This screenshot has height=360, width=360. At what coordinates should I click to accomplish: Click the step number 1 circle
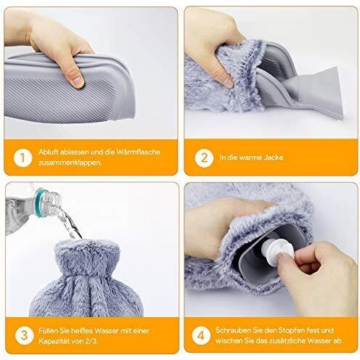[22, 158]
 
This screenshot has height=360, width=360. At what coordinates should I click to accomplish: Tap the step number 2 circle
[204, 158]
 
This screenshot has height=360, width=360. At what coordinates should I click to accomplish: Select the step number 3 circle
[24, 336]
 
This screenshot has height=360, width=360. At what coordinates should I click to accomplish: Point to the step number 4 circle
[201, 336]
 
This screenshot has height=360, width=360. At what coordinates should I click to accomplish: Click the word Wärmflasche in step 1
[138, 152]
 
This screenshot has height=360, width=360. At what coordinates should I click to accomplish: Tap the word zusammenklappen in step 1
[70, 163]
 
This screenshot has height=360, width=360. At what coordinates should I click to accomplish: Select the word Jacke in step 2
[274, 157]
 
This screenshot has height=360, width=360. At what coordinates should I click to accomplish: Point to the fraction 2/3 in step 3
[91, 341]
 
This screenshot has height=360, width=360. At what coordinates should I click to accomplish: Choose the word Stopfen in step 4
[291, 330]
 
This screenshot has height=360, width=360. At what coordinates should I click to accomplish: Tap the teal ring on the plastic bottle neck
[39, 202]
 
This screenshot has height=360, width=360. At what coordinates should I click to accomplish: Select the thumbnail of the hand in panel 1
[78, 81]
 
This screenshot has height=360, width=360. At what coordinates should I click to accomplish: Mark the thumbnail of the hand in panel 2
[228, 83]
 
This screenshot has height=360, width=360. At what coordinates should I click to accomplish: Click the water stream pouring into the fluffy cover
[70, 223]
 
